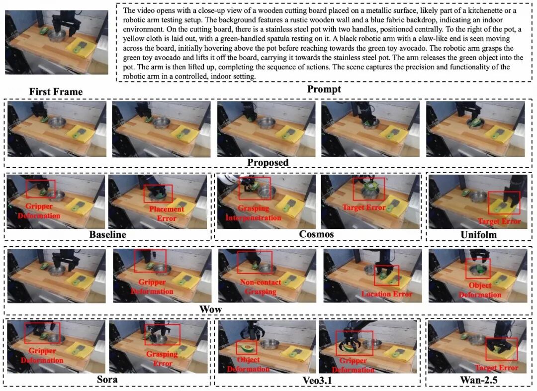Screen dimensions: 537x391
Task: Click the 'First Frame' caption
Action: [56, 92]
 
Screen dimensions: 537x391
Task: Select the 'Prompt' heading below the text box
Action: [324, 89]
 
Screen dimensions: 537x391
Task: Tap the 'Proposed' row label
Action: [268, 163]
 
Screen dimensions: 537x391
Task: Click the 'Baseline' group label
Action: [107, 234]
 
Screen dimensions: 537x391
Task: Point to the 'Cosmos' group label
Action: [316, 234]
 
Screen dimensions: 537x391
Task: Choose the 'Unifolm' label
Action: [478, 235]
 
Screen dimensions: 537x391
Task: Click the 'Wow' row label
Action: [211, 309]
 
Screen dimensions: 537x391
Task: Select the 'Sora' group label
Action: [107, 380]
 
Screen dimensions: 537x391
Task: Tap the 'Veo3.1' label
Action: [317, 380]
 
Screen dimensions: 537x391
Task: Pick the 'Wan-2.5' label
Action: [479, 380]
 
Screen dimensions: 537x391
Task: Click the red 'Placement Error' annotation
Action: [167, 213]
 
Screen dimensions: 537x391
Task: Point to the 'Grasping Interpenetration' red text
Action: [254, 213]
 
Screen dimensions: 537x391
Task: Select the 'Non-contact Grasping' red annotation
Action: [260, 287]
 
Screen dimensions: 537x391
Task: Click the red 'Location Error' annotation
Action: [387, 294]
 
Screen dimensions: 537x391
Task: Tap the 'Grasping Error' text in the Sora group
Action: [162, 359]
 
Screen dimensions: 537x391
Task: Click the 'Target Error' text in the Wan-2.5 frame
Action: [497, 368]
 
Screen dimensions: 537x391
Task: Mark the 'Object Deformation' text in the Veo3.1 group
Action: [248, 364]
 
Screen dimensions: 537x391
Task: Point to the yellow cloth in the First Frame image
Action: [81, 48]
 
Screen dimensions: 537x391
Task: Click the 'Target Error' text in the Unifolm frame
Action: [499, 221]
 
